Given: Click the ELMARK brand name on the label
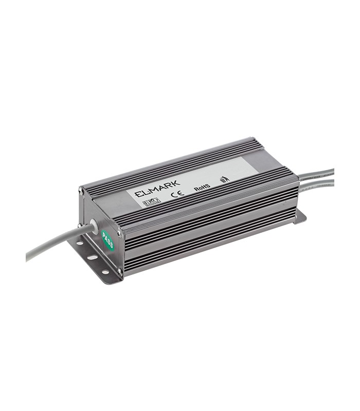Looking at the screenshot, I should click(156, 191).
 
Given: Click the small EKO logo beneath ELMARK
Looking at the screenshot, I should click(152, 201).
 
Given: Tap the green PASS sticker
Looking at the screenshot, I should click(108, 240).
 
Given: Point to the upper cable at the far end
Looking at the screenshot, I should click(316, 175).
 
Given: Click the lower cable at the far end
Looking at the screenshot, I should click(316, 183).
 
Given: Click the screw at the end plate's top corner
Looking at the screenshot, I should click(81, 191).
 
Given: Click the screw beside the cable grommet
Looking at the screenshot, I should click(81, 225).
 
